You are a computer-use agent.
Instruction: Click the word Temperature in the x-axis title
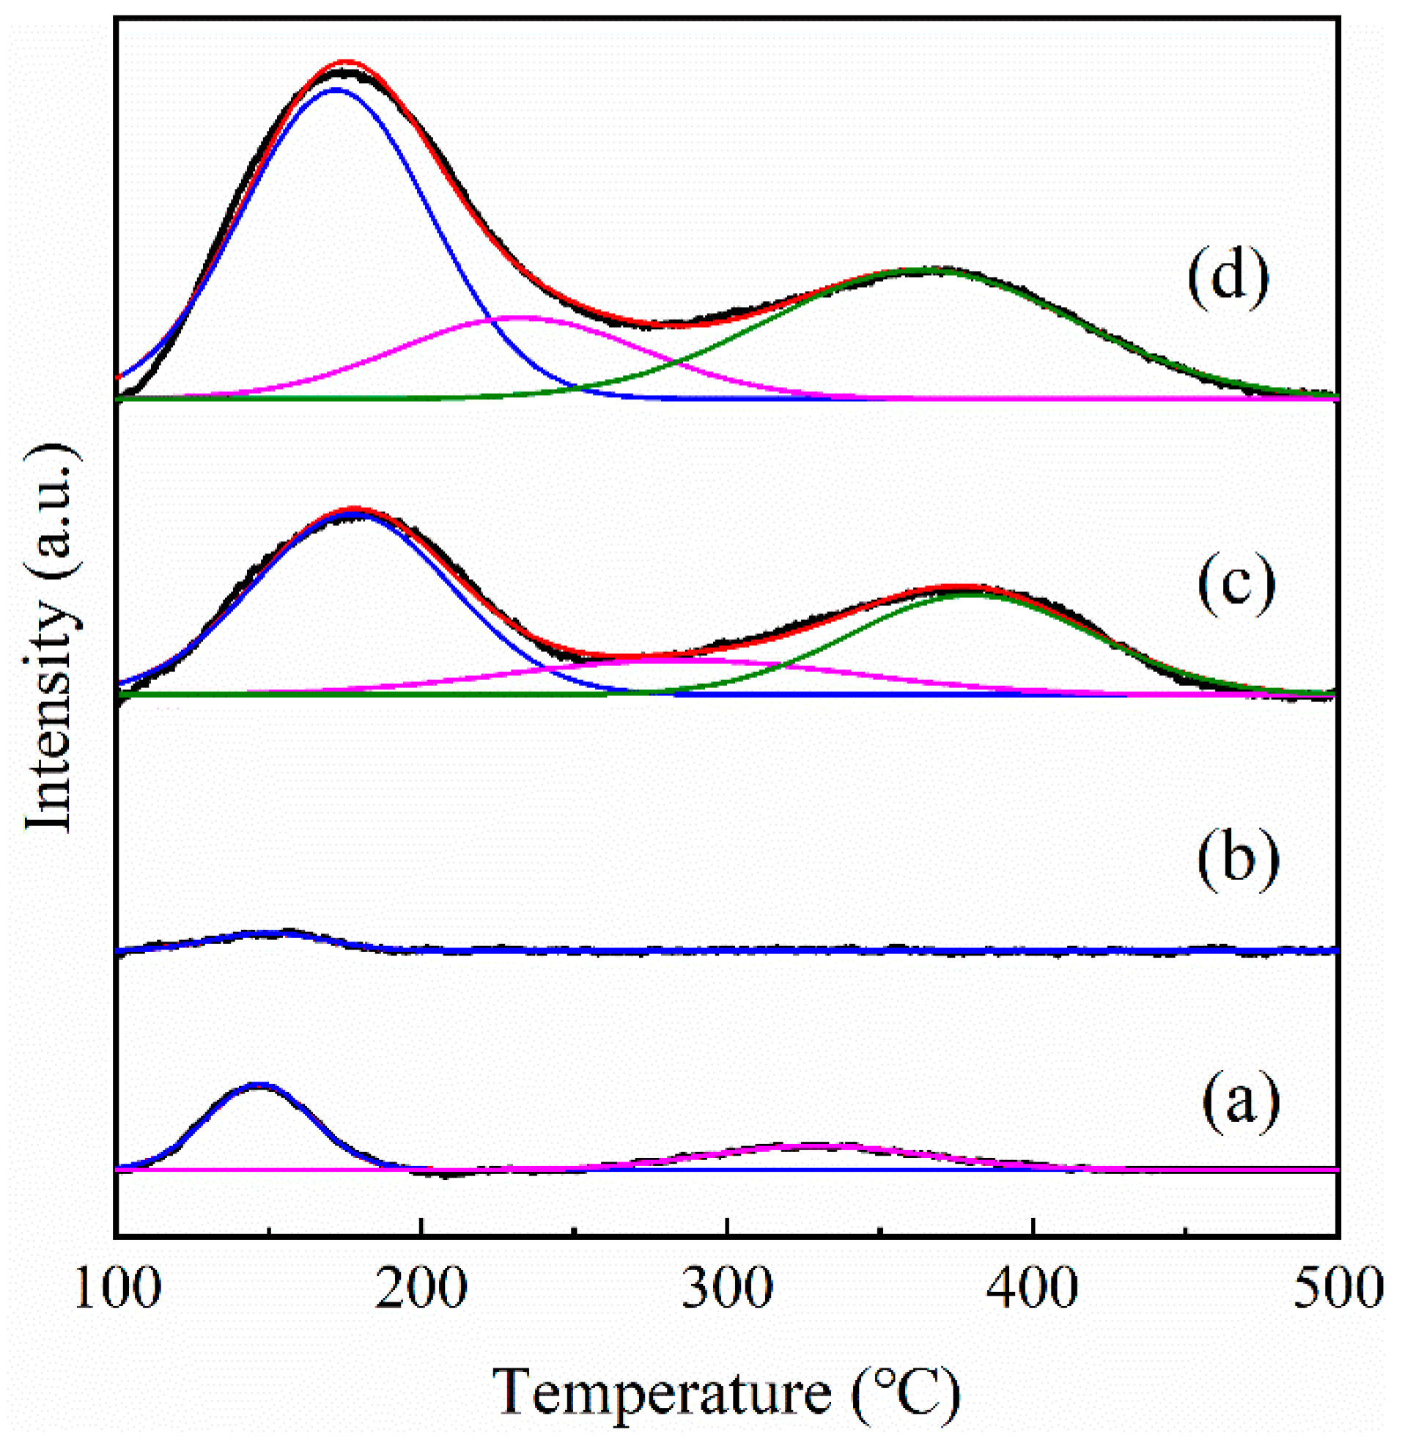click(662, 1396)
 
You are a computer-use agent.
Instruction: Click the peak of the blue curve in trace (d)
click(336, 89)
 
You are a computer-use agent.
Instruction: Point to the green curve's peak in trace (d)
click(932, 270)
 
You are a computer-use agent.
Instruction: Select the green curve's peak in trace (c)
click(968, 593)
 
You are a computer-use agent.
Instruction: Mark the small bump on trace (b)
click(284, 933)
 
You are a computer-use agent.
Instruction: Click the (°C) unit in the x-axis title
click(905, 1396)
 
